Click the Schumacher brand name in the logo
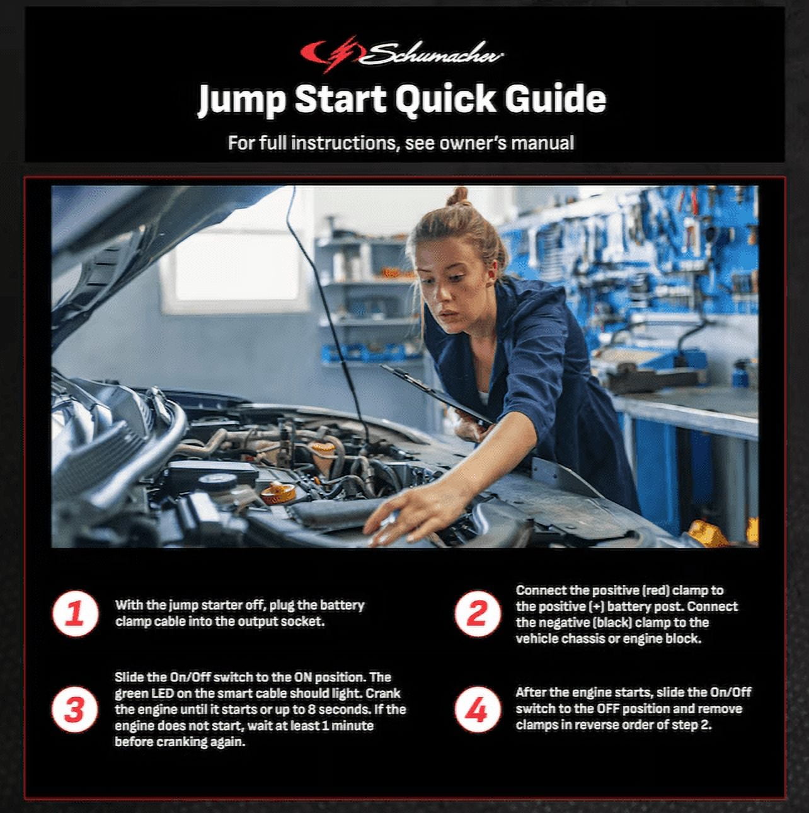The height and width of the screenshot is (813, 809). [430, 54]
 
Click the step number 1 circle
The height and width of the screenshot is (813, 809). [76, 613]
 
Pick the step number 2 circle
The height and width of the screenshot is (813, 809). [478, 613]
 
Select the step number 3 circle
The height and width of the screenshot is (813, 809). [75, 709]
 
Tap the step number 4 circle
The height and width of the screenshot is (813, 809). [478, 709]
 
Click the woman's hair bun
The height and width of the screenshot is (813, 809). [459, 197]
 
